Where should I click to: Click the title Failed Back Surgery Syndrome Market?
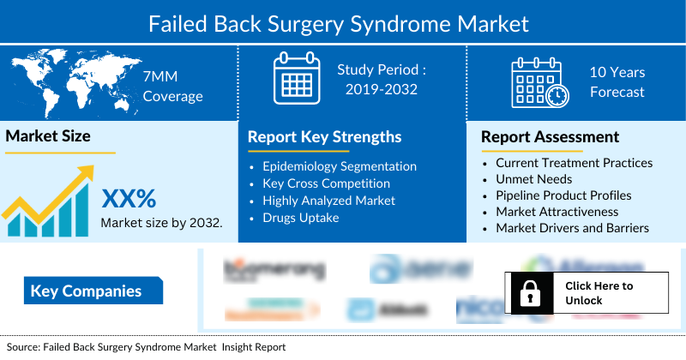point(343,21)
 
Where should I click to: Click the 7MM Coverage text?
point(172,86)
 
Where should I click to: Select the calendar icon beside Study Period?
point(296,80)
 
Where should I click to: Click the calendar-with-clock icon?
point(539,83)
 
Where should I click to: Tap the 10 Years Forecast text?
point(617,83)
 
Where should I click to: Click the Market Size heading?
point(48,135)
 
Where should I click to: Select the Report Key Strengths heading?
point(324,136)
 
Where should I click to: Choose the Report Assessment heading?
point(550,136)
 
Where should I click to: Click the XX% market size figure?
point(129,199)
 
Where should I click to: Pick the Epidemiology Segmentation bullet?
point(340,166)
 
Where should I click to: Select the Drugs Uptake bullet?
point(301,218)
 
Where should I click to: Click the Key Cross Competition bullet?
point(326,183)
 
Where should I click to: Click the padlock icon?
point(527,293)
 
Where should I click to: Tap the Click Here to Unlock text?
point(599,293)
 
